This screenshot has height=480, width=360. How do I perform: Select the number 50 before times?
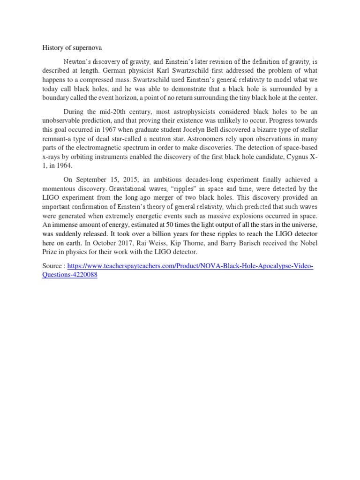(x=172, y=225)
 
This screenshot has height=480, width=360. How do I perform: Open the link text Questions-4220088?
(x=70, y=275)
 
